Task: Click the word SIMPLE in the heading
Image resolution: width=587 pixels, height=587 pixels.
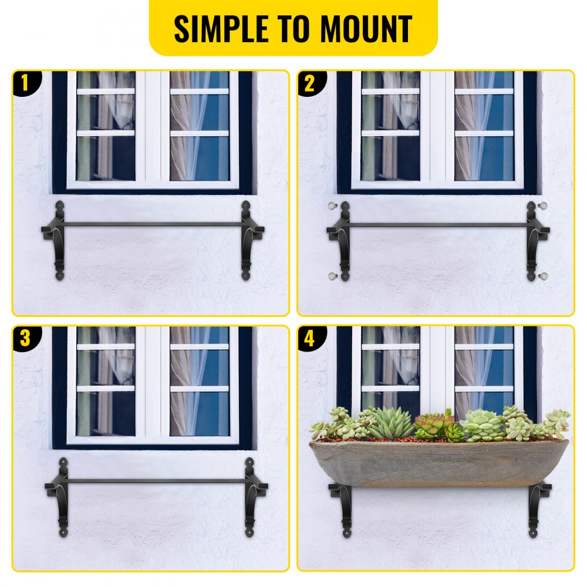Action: (220, 28)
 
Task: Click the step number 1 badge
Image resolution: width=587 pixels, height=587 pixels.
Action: (24, 83)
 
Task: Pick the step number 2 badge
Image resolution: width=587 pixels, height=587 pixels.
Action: (309, 83)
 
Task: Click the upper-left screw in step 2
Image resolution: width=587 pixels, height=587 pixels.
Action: (332, 207)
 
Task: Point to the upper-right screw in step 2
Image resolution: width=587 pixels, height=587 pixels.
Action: (543, 206)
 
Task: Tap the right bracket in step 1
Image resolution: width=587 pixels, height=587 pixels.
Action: (247, 241)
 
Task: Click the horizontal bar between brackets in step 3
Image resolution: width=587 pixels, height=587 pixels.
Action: (156, 481)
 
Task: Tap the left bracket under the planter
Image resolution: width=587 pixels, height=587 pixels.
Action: (344, 508)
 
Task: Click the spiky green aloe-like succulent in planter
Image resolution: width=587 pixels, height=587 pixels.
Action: (391, 423)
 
